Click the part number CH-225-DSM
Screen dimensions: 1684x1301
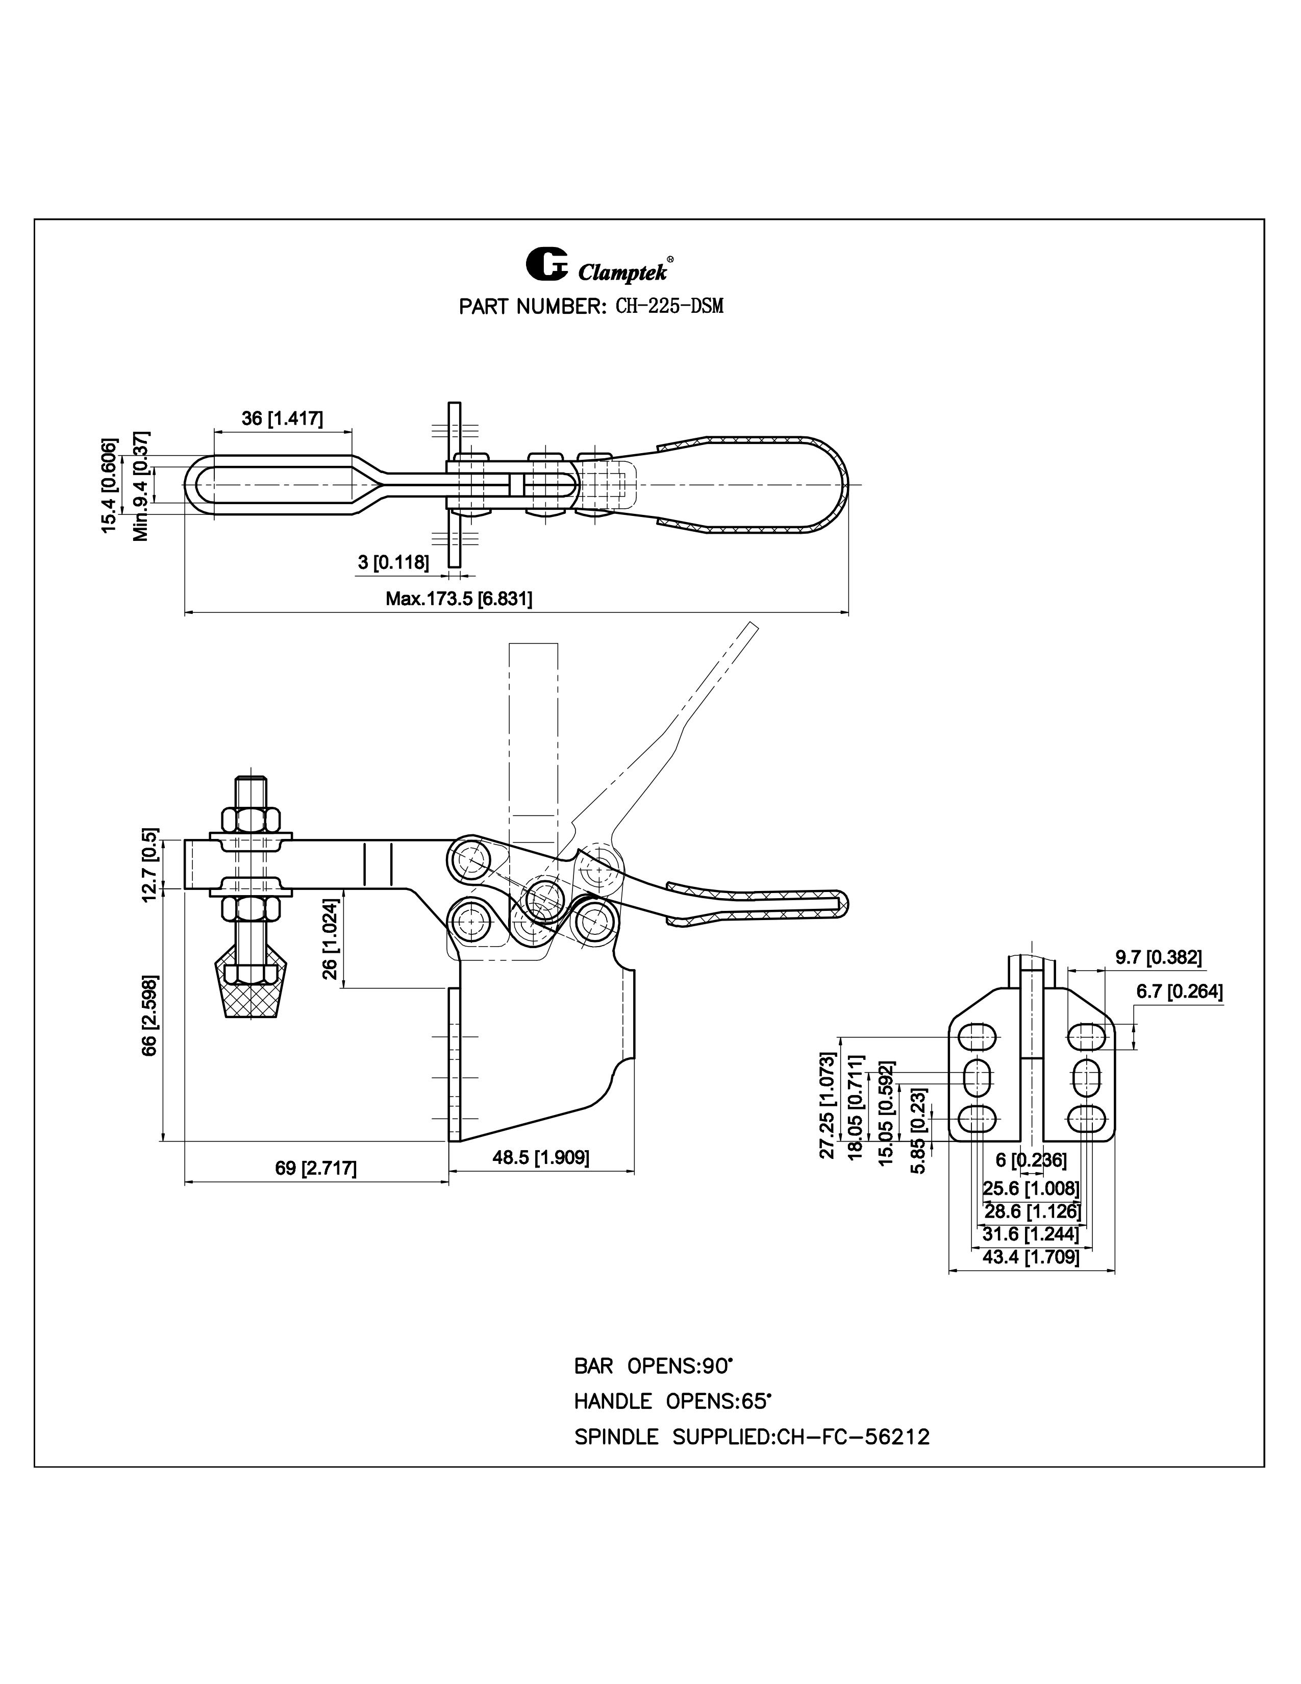(x=669, y=306)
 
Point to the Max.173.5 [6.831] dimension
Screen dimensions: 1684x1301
(x=459, y=599)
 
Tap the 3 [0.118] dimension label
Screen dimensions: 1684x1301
(x=393, y=562)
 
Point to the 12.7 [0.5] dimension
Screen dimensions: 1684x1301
(x=151, y=863)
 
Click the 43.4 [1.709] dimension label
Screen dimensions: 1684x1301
(x=1031, y=1257)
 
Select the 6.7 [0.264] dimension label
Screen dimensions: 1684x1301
(x=1179, y=992)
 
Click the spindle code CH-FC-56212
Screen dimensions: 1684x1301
(x=853, y=1437)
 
